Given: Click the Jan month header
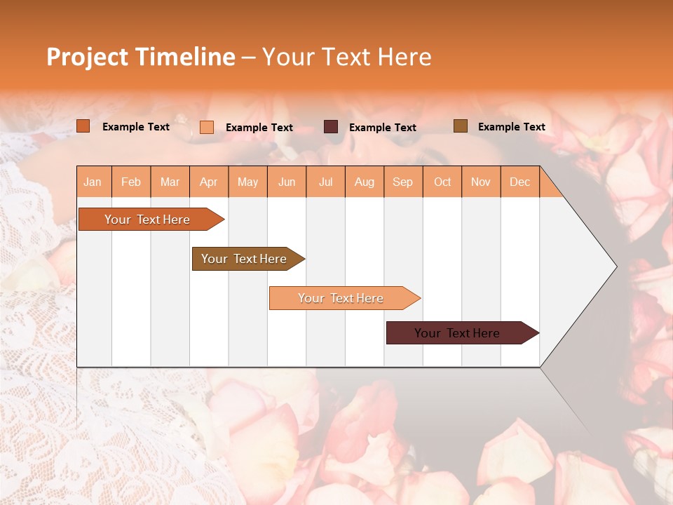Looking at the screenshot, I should click(93, 182).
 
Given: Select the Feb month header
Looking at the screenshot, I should click(131, 182).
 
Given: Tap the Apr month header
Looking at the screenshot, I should click(208, 182).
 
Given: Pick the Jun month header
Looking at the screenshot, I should click(287, 182).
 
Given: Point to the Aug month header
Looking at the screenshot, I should click(364, 182).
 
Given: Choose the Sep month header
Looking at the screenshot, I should click(402, 182).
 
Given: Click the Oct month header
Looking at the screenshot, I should click(442, 182).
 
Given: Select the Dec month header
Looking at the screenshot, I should click(519, 182).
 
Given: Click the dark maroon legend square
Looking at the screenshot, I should click(331, 127).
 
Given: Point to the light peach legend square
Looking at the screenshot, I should click(207, 127).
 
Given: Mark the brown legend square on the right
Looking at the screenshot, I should click(460, 126).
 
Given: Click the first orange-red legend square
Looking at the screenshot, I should click(83, 126).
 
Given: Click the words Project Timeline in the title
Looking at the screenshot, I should click(140, 57).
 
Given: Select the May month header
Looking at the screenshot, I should click(247, 182).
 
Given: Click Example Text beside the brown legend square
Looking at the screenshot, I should click(511, 126).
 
